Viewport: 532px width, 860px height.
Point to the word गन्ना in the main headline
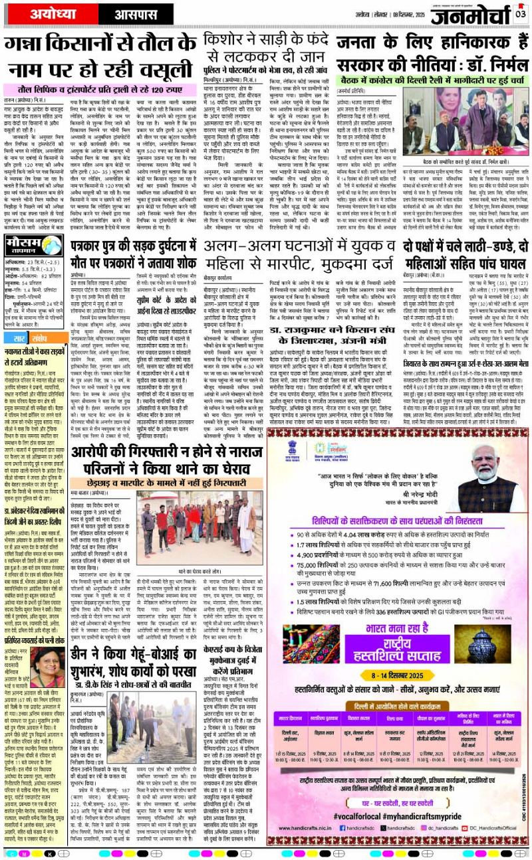[27, 44]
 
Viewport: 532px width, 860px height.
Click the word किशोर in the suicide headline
[230, 38]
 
